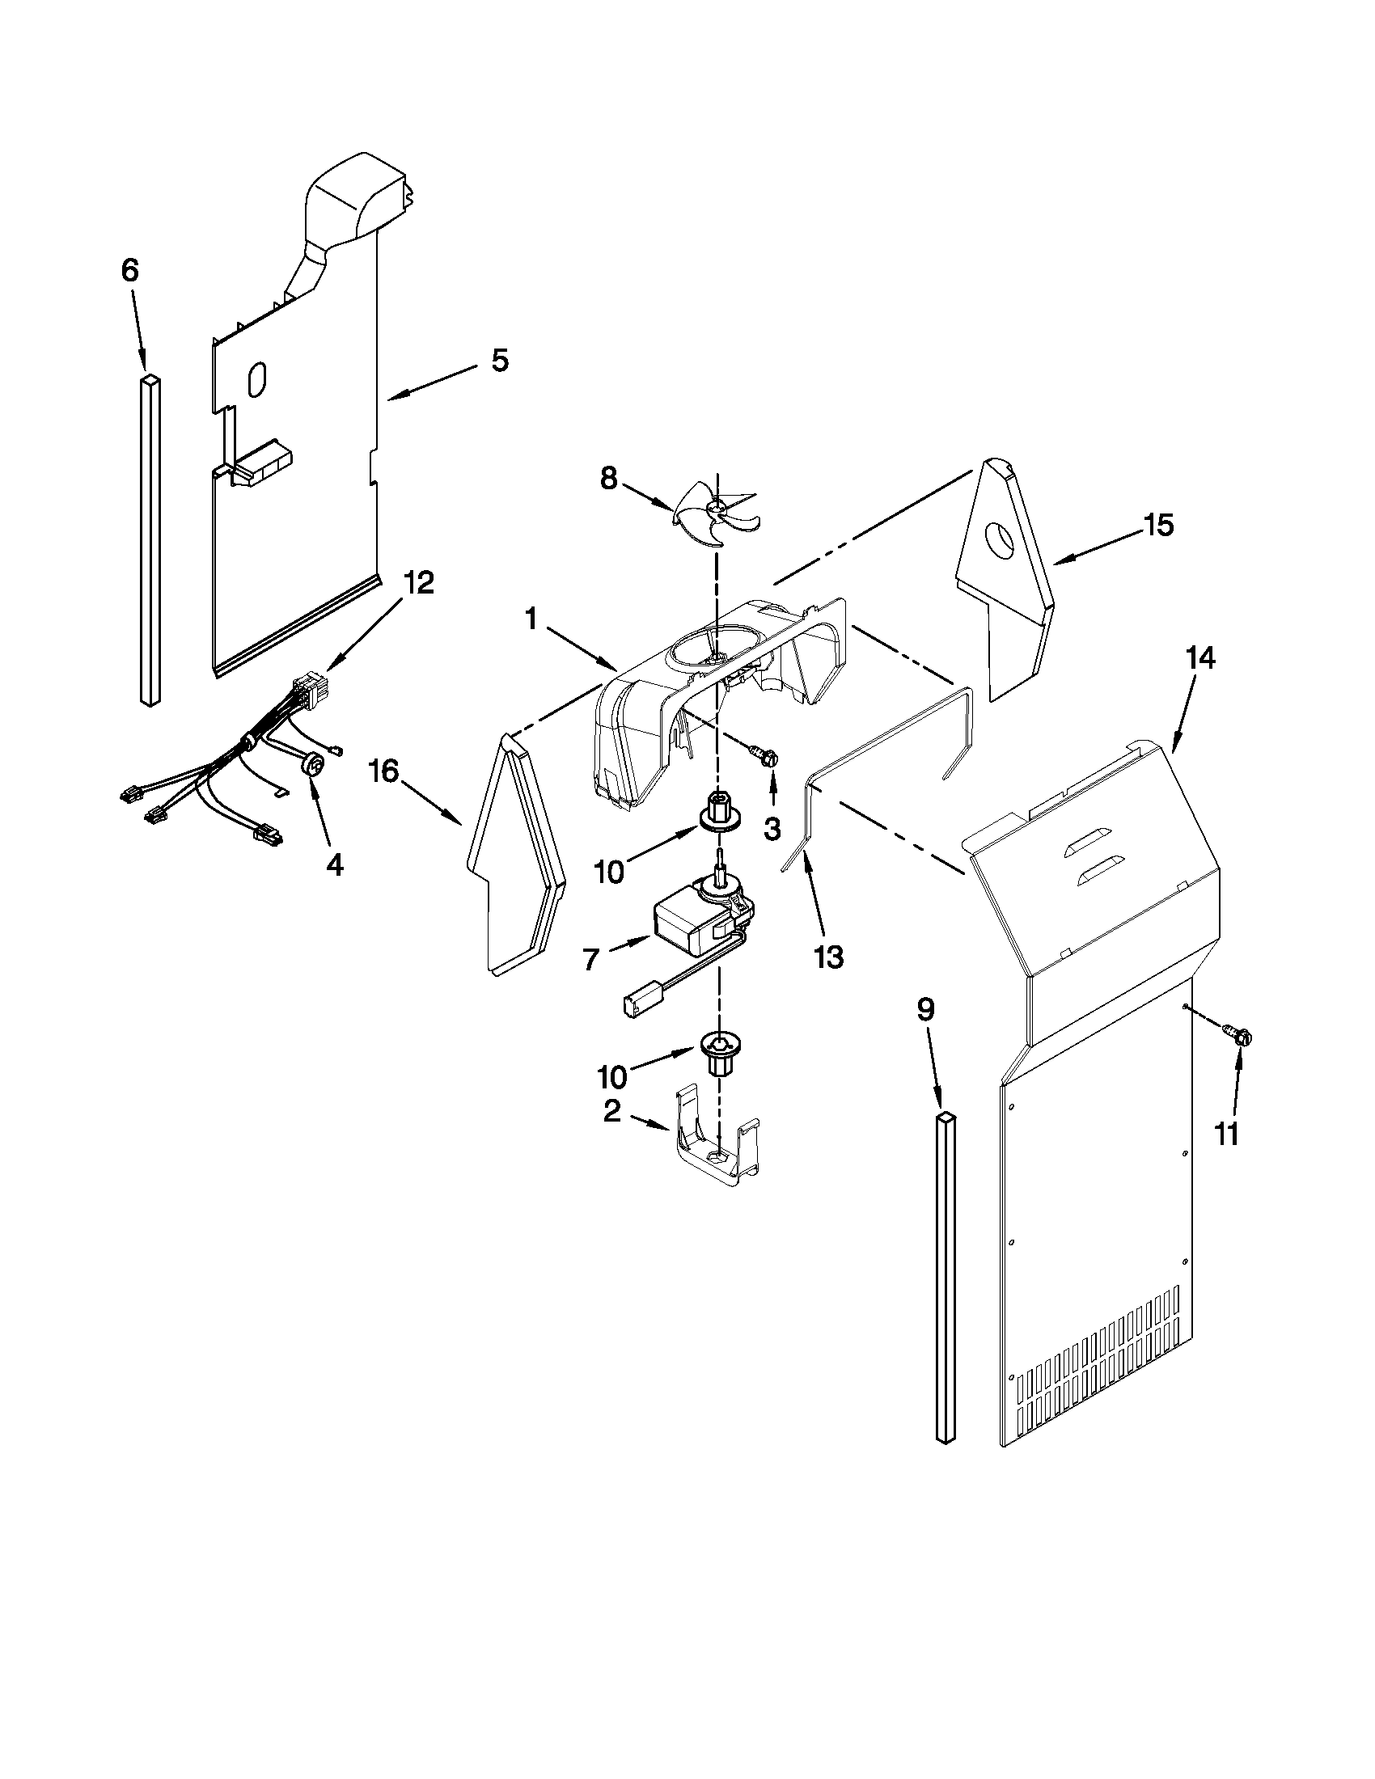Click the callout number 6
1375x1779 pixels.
pyautogui.click(x=130, y=270)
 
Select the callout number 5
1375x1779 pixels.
pyautogui.click(x=500, y=360)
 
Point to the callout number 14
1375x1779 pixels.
pyautogui.click(x=1200, y=657)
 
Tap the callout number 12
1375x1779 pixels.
pyautogui.click(x=421, y=583)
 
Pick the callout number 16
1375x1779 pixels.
pyautogui.click(x=385, y=770)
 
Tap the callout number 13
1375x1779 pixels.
pyautogui.click(x=827, y=957)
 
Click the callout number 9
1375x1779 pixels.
pyautogui.click(x=924, y=1010)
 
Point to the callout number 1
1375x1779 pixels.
pyautogui.click(x=531, y=620)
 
